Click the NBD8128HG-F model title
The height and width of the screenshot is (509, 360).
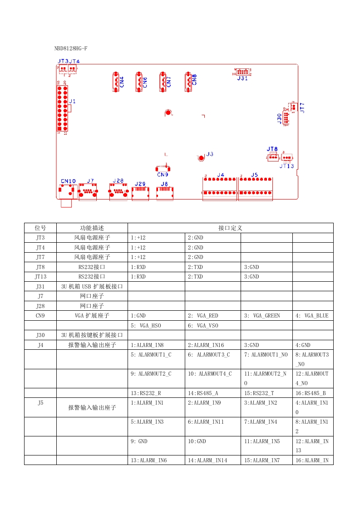click(71, 48)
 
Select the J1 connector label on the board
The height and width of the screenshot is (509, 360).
click(72, 101)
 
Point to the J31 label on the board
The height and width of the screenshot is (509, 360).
click(242, 78)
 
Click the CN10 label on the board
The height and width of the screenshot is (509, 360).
click(68, 181)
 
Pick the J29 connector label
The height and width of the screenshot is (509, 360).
click(140, 184)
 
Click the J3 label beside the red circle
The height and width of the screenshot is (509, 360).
click(210, 154)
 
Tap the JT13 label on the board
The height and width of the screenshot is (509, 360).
click(286, 166)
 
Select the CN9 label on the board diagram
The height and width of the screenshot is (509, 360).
click(163, 174)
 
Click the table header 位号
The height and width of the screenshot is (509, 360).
click(40, 228)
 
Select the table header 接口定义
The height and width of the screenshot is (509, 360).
click(231, 228)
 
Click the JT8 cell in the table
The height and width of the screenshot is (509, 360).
click(40, 267)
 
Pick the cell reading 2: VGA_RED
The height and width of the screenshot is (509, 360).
click(203, 315)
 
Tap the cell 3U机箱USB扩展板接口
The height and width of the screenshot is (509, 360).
click(92, 286)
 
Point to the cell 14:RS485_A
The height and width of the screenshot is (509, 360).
click(202, 393)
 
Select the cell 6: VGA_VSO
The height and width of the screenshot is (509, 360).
click(203, 325)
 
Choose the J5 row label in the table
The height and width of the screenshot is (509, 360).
click(40, 402)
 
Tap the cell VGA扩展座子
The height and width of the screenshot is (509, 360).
click(92, 315)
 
